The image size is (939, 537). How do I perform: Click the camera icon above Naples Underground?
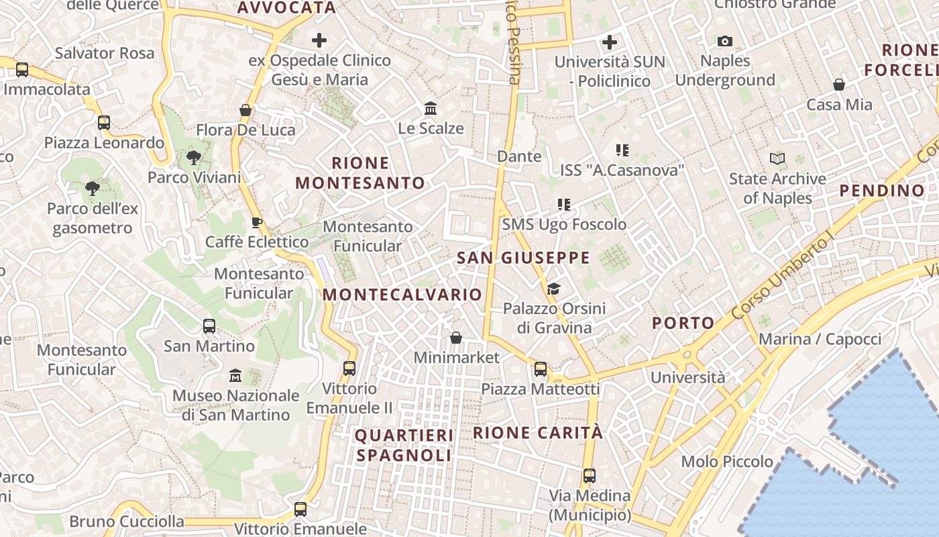(724, 42)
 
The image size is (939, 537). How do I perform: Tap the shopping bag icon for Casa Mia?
(839, 85)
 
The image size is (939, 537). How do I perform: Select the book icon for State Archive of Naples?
(777, 159)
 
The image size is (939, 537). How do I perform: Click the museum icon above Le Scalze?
(431, 108)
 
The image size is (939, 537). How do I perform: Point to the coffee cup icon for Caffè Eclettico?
(256, 222)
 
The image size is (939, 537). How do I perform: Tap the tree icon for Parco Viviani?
(194, 158)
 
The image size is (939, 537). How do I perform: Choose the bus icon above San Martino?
(209, 326)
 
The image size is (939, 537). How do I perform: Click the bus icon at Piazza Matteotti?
(541, 369)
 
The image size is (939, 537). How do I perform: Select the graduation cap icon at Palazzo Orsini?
(553, 289)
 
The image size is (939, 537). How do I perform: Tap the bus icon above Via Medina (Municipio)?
(590, 476)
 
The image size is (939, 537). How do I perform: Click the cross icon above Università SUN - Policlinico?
(610, 42)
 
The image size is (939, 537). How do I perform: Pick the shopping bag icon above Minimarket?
(456, 337)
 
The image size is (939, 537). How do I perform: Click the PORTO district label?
(683, 323)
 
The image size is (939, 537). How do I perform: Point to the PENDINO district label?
(882, 191)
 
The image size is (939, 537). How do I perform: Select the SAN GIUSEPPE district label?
(523, 258)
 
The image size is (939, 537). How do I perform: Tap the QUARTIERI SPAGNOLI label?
(404, 445)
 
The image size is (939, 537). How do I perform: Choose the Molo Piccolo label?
(727, 462)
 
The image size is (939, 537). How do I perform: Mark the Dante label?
(519, 156)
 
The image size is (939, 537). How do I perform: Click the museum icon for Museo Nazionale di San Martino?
(235, 375)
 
